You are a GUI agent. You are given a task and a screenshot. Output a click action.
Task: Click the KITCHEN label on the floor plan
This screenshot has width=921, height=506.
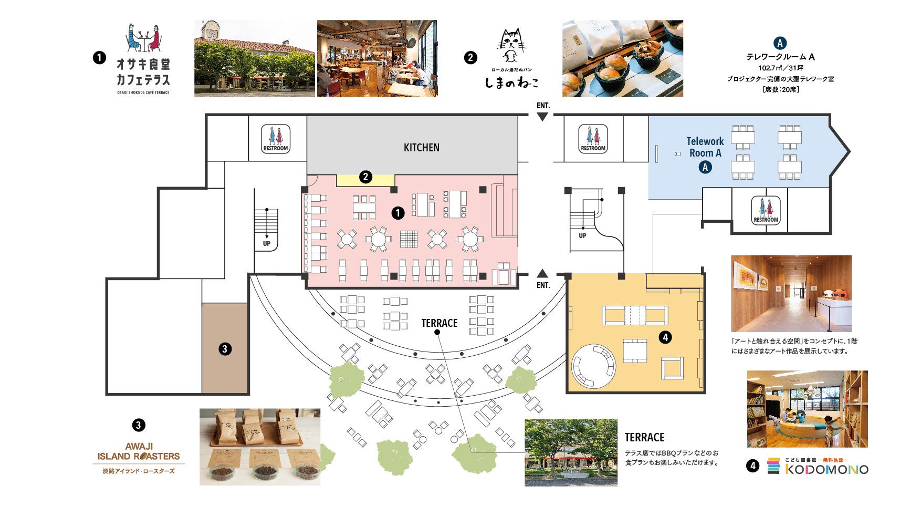point(421,148)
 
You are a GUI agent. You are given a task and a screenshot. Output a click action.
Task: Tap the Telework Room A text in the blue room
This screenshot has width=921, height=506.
point(705,147)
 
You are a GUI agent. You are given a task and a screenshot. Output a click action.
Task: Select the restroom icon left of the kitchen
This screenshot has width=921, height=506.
point(276,139)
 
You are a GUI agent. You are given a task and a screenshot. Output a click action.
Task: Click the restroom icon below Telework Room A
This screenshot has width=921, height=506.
point(766,210)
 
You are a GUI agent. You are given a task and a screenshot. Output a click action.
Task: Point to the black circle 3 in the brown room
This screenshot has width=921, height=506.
point(225,349)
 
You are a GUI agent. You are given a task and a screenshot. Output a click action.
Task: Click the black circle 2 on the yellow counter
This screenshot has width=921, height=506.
point(365,177)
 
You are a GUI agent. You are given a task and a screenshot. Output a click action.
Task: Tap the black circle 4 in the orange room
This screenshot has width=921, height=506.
point(665,337)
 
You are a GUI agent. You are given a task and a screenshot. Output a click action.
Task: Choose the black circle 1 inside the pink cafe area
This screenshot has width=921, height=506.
point(398,213)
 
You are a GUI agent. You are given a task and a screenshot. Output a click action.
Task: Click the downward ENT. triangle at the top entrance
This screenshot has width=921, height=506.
point(542,117)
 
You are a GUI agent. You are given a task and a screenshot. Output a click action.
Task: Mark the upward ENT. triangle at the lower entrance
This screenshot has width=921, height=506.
point(542,273)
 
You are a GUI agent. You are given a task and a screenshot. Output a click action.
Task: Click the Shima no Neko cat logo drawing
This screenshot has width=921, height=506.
point(510,46)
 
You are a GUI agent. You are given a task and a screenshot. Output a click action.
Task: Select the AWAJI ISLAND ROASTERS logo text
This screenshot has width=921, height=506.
point(139,452)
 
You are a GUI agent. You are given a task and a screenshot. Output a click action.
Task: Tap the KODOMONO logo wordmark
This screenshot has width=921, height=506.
point(826,469)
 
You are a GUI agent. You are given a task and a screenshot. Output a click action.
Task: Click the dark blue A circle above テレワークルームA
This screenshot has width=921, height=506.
point(780,44)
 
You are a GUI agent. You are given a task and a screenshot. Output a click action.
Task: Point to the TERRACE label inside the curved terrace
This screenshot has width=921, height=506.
point(439,323)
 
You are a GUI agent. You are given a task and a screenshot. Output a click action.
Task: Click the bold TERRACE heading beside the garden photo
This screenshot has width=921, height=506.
point(644,438)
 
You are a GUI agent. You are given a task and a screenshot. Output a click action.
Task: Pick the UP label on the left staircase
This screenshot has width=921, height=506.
point(267,244)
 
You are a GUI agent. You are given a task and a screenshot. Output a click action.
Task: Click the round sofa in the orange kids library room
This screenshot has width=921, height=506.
point(593,366)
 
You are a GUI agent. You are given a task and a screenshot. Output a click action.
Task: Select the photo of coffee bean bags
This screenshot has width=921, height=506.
point(260,447)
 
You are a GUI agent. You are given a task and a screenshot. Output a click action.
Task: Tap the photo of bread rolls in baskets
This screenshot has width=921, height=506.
point(622,59)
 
